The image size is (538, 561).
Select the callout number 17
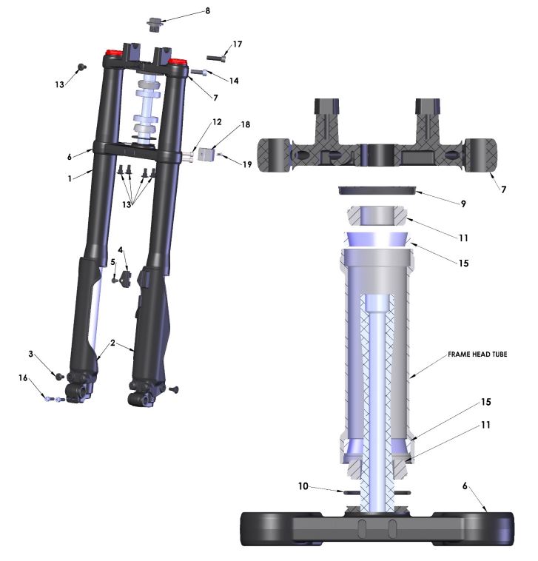click(x=238, y=44)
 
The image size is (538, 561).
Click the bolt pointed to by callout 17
click(x=215, y=57)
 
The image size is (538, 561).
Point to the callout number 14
click(x=234, y=79)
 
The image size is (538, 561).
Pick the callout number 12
click(x=217, y=121)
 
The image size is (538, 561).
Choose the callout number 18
click(x=245, y=127)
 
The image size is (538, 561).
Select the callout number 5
click(x=113, y=262)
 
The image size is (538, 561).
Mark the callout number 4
click(x=120, y=250)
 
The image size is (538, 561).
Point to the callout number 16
click(x=24, y=377)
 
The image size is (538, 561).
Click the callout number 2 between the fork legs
click(x=112, y=343)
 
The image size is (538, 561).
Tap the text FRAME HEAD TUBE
click(x=477, y=355)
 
